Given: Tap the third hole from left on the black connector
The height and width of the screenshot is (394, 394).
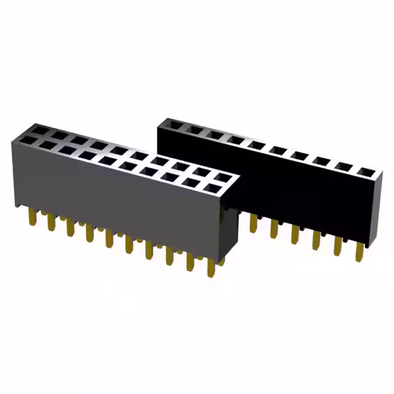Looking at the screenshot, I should coord(215,135).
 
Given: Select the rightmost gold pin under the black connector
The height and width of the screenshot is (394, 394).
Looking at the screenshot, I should coord(359,252).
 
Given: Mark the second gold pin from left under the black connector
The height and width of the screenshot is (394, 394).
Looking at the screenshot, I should coord(274,228).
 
